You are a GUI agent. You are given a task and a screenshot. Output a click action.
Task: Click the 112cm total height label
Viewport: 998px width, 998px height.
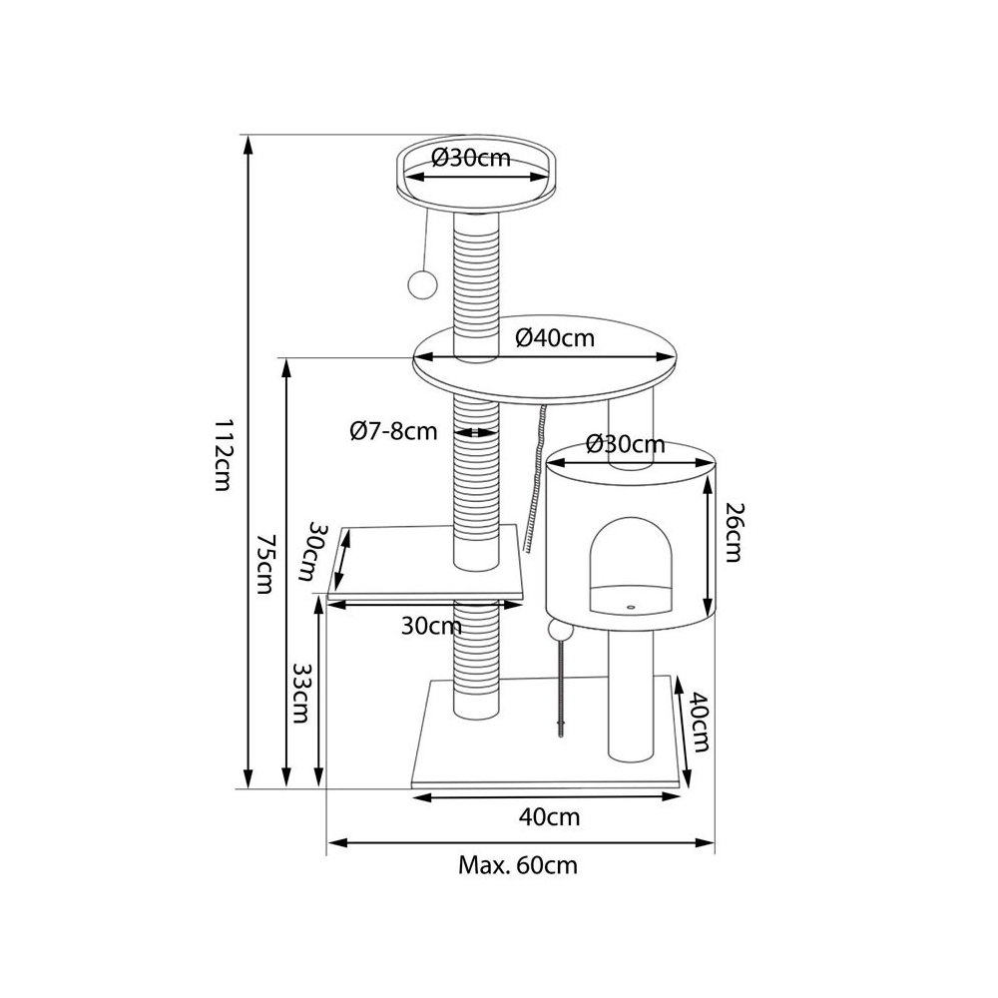pos(222,454)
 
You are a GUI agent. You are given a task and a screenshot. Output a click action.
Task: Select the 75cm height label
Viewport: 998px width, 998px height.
pos(264,564)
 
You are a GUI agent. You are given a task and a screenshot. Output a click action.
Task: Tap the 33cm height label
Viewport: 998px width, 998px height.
pos(300,694)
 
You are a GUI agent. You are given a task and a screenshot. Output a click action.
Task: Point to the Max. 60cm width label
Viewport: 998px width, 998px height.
pos(518,865)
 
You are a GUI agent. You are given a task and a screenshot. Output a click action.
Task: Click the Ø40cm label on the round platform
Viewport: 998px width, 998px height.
pos(555,338)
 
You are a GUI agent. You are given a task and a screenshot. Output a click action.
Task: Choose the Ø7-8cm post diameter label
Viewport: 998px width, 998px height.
pos(393,431)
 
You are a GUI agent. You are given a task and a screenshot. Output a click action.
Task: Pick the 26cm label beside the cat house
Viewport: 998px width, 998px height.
pos(734,532)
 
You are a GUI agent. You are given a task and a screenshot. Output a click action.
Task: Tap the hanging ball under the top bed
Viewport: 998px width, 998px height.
pos(421,283)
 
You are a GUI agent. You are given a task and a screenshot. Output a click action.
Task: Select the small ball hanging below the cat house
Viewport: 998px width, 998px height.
pos(560,632)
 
